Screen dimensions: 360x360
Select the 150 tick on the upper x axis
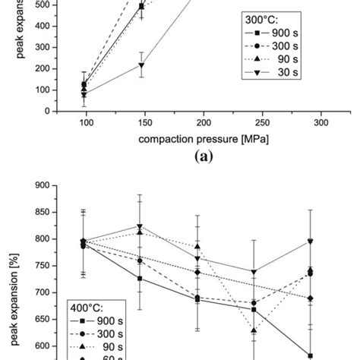pyautogui.click(x=141, y=122)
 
